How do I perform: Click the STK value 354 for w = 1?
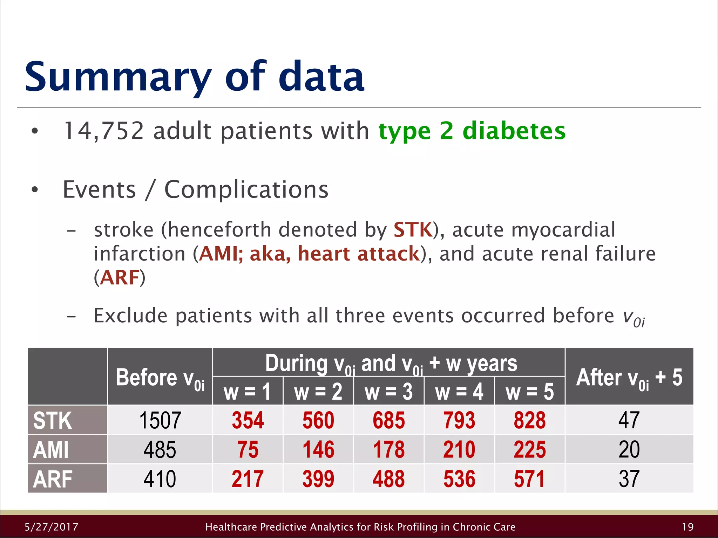tap(248, 420)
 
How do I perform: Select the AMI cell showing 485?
tap(160, 450)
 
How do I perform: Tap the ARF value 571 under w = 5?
tap(529, 479)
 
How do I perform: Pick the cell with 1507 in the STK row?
tap(160, 420)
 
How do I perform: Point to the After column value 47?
tap(629, 420)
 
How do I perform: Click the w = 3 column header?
tap(388, 392)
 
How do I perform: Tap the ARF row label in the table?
tap(53, 479)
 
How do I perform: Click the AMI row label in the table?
tap(51, 450)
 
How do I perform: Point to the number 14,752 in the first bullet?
tap(104, 131)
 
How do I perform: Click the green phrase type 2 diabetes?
tap(472, 131)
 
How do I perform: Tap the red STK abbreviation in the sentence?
tap(413, 230)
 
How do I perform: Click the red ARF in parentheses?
tap(120, 278)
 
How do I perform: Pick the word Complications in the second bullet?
tap(246, 189)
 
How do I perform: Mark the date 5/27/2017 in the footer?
tap(52, 527)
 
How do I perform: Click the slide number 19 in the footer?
tap(687, 527)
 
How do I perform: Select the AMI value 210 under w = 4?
tap(459, 450)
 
